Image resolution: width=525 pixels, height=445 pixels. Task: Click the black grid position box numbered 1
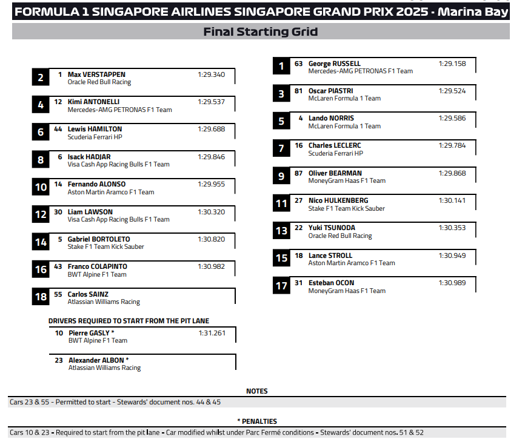(281, 66)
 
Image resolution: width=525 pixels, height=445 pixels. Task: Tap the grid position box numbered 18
(41, 297)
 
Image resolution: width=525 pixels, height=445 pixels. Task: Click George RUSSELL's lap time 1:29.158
(452, 64)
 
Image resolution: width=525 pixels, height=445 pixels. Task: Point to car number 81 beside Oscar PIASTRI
(298, 91)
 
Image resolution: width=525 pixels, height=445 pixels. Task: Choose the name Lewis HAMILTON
(95, 129)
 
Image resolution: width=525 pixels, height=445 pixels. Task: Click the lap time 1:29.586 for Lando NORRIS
(452, 118)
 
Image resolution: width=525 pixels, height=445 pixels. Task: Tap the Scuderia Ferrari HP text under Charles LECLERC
(335, 154)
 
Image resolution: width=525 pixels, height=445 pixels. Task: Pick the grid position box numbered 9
(281, 176)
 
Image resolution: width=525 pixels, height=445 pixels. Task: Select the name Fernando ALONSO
(96, 184)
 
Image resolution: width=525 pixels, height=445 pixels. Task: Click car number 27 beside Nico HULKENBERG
(298, 200)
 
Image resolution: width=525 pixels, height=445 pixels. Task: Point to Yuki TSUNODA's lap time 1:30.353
(452, 228)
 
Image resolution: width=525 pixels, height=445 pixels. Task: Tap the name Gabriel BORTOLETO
(98, 239)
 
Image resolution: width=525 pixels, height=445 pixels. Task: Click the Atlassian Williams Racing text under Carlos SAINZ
(104, 302)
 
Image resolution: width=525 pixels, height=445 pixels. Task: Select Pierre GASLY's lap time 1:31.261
(212, 333)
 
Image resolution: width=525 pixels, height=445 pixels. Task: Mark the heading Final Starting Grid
(261, 32)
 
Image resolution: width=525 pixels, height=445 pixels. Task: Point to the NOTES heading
(257, 391)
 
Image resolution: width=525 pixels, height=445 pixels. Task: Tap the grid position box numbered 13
(281, 231)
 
